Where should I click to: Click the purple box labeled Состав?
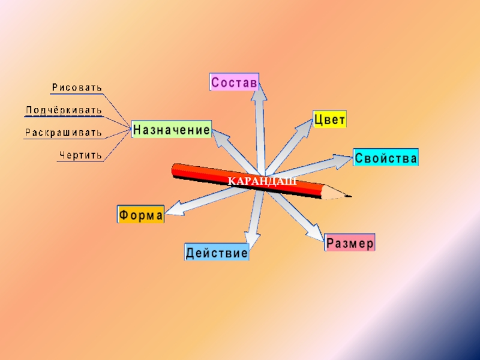coord(234,82)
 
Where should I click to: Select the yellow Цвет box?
coord(329,119)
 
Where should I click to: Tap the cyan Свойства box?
coord(386,158)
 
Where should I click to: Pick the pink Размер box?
coord(350,243)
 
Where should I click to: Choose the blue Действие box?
coord(217,253)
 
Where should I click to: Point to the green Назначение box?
coord(172,130)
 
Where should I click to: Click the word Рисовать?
coord(77,88)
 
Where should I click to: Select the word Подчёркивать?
coord(64,110)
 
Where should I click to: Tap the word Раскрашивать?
coord(64,133)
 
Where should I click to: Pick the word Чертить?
coord(81,155)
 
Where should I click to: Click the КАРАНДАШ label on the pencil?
coord(262,181)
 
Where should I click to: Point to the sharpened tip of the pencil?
coord(348,196)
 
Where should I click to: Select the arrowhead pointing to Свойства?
coord(343,160)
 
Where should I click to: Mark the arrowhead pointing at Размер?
coord(315,232)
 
